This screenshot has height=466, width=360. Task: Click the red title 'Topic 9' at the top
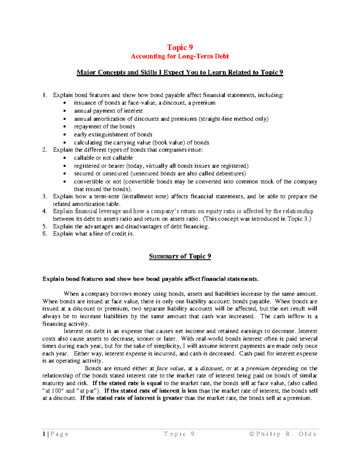pyautogui.click(x=180, y=47)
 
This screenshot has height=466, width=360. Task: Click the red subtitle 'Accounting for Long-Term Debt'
pyautogui.click(x=180, y=56)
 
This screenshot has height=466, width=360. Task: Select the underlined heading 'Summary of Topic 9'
pyautogui.click(x=180, y=256)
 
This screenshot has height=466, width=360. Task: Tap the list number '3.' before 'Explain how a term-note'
pyautogui.click(x=45, y=197)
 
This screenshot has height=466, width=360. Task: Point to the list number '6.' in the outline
pyautogui.click(x=45, y=234)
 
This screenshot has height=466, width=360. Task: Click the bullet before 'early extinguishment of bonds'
pyautogui.click(x=64, y=135)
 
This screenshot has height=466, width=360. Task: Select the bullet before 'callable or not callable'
pyautogui.click(x=64, y=158)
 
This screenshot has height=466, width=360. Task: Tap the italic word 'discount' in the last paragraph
pyautogui.click(x=211, y=368)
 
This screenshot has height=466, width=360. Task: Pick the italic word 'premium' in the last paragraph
pyautogui.click(x=257, y=368)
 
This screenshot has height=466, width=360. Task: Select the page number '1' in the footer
pyautogui.click(x=44, y=434)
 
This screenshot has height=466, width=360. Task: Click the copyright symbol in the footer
pyautogui.click(x=252, y=434)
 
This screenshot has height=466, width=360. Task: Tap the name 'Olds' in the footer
pyautogui.click(x=307, y=434)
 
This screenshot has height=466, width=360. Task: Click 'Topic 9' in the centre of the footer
pyautogui.click(x=179, y=434)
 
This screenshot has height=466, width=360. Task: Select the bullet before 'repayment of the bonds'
pyautogui.click(x=64, y=127)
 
